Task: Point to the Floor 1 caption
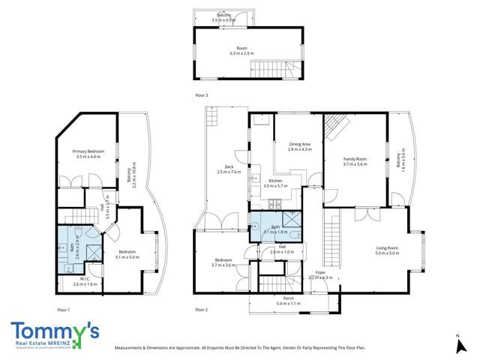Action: [63, 309]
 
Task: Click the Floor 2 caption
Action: [201, 309]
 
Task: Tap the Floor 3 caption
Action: [199, 95]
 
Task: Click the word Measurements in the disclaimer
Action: [133, 348]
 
